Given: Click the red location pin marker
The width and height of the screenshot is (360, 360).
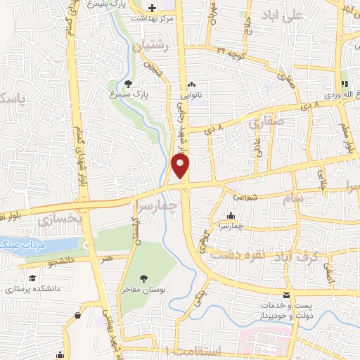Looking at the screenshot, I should pos(181,165).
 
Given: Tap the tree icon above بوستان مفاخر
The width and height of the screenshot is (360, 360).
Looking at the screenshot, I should pos(144,278).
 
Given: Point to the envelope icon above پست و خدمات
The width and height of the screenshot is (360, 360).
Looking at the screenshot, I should pos(286,295).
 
